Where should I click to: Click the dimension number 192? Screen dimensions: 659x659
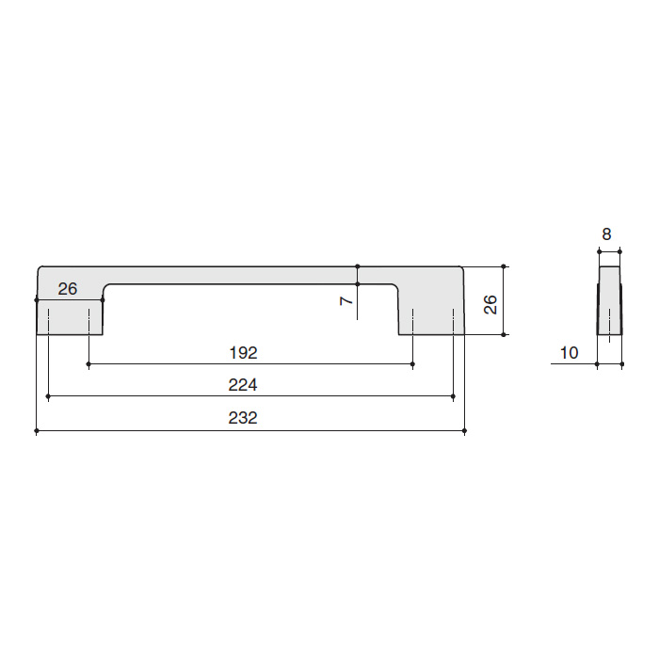[x=243, y=353]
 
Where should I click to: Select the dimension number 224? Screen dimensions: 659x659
[x=243, y=384]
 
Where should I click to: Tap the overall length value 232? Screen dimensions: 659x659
[x=243, y=418]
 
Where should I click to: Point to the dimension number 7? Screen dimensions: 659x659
[x=346, y=300]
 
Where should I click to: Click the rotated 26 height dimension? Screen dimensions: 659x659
[x=490, y=304]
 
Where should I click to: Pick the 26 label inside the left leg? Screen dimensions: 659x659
[x=68, y=289]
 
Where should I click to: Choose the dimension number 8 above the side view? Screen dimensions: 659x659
[x=606, y=234]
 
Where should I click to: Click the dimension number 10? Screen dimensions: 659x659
[x=570, y=353]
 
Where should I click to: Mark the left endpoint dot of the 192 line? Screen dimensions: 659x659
[x=88, y=364]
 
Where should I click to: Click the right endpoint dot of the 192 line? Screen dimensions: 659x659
[x=412, y=364]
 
